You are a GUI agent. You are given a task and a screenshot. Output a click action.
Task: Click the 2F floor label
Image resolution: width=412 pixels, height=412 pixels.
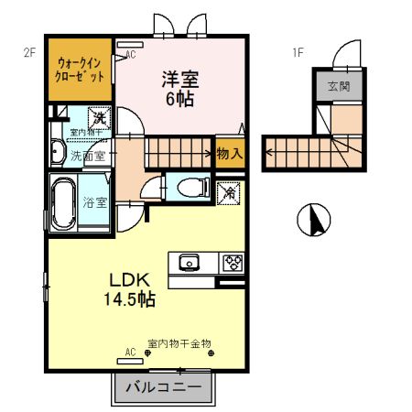[28, 53]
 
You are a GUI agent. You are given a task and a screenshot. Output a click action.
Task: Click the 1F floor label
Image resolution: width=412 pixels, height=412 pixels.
[298, 53]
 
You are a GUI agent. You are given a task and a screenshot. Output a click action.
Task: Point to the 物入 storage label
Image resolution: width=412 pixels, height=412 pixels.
[229, 154]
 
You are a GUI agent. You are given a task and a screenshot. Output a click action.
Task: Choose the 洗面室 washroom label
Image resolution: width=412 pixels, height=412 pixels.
[89, 155]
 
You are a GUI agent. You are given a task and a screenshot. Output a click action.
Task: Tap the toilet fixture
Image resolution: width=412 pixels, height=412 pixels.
[190, 188]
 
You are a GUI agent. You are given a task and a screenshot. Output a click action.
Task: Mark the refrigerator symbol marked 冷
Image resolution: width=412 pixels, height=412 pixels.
[228, 193]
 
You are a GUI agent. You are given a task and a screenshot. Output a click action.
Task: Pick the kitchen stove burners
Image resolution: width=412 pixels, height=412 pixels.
[231, 263]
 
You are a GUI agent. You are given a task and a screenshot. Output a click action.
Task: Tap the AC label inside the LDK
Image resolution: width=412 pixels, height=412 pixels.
[130, 352]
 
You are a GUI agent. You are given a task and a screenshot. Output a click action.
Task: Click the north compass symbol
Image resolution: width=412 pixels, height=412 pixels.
[313, 220]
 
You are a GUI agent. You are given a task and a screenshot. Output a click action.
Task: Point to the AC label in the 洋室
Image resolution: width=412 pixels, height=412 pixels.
[131, 54]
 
